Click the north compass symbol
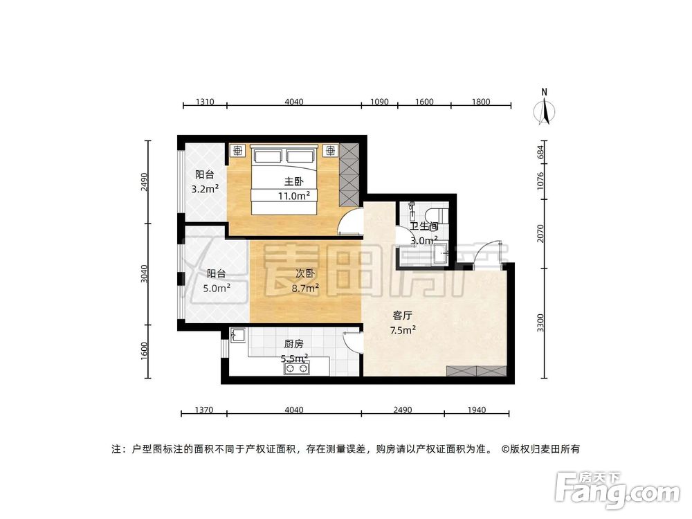click(x=545, y=109)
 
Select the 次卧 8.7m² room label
click(x=304, y=275)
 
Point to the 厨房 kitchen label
click(x=293, y=343)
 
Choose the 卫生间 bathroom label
click(x=424, y=226)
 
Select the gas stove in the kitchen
click(x=297, y=369)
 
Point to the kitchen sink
click(x=238, y=336)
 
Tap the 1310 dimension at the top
click(x=204, y=102)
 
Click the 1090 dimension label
click(x=380, y=102)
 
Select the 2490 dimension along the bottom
click(x=402, y=410)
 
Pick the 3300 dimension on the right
click(x=547, y=323)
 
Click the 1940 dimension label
click(x=476, y=410)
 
